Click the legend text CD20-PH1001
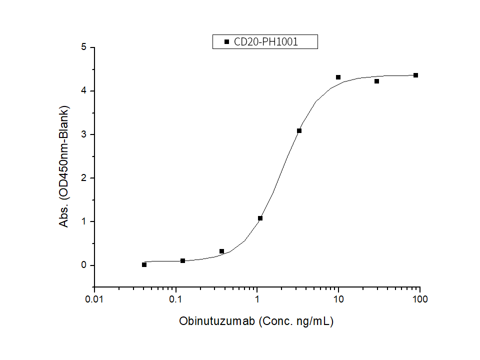point(266,42)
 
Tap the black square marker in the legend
point(226,42)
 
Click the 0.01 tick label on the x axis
point(94,299)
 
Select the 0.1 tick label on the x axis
point(176,299)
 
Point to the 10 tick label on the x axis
point(338,299)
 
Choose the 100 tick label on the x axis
point(420,299)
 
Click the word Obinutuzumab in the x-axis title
point(217,321)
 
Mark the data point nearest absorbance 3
point(299,130)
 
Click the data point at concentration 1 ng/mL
point(260,218)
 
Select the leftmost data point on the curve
point(144,264)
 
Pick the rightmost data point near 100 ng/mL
point(415,75)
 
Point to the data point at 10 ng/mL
point(338,77)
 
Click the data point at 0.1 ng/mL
point(182,260)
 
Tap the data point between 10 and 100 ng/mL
point(376,81)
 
